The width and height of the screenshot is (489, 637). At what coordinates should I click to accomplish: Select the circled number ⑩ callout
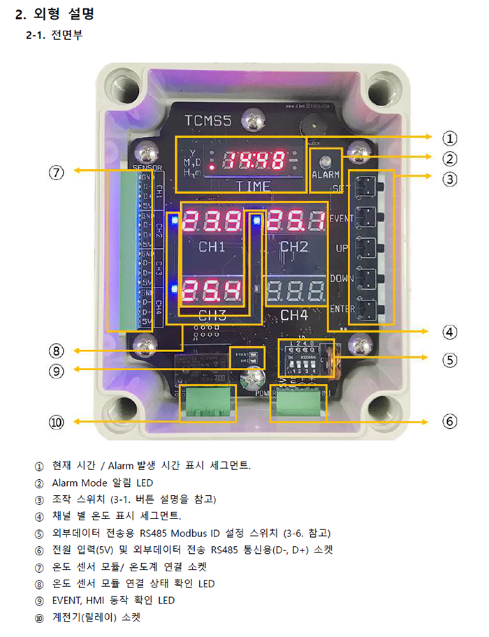56,421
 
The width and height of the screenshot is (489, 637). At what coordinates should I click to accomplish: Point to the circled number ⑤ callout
450,360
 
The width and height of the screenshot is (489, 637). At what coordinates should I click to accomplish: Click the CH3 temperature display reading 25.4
212,289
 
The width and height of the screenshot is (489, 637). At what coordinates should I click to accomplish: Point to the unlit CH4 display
293,289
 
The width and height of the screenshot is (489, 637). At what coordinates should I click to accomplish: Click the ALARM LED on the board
325,160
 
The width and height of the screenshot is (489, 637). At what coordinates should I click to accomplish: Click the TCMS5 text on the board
207,121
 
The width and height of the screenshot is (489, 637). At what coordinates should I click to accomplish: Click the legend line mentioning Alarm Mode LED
103,483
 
